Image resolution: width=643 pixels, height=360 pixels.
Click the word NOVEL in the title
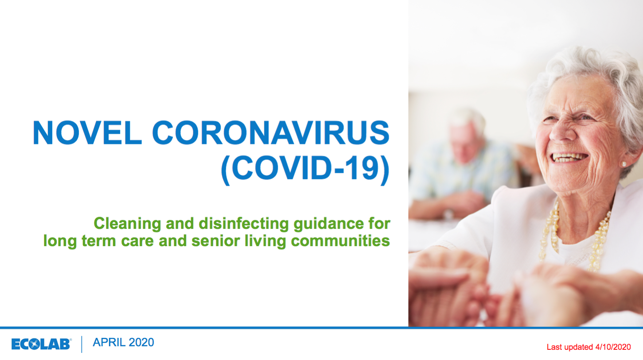[x=87, y=132]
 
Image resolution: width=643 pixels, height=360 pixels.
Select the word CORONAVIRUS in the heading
[x=271, y=132]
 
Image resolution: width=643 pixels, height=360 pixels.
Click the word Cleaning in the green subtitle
[x=128, y=224]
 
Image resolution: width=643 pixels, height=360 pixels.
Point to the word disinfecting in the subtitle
[x=244, y=224]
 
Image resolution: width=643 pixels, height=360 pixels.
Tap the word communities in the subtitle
[x=340, y=241]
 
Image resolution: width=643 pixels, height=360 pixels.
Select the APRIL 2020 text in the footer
[x=124, y=342]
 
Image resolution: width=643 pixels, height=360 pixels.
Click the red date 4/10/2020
[x=613, y=347]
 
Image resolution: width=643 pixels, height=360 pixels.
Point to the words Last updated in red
[x=570, y=347]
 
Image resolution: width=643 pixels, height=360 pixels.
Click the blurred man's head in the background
[x=467, y=135]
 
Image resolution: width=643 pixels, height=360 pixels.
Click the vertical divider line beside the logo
[x=82, y=344]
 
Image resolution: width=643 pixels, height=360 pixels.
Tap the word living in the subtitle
[x=265, y=241]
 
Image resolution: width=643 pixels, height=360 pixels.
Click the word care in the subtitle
[x=137, y=241]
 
